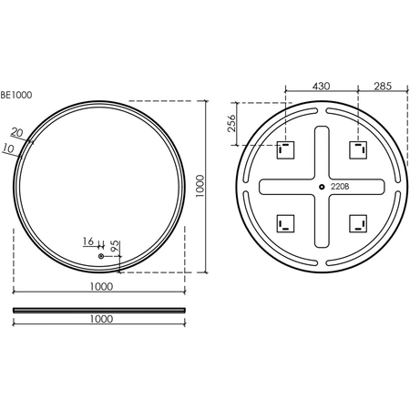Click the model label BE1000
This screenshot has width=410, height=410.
tap(16, 95)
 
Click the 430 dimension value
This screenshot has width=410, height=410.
tap(321, 87)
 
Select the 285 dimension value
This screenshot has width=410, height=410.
tap(383, 87)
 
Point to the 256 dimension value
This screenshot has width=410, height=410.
tap(231, 123)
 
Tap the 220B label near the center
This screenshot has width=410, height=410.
tap(340, 187)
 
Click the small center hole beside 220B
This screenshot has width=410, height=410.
tap(322, 187)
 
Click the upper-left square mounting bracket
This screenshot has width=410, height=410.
tap(285, 149)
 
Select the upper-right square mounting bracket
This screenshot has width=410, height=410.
tap(358, 149)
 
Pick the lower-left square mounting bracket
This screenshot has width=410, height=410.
tap(285, 223)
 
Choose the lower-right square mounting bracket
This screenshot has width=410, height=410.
tap(358, 223)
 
